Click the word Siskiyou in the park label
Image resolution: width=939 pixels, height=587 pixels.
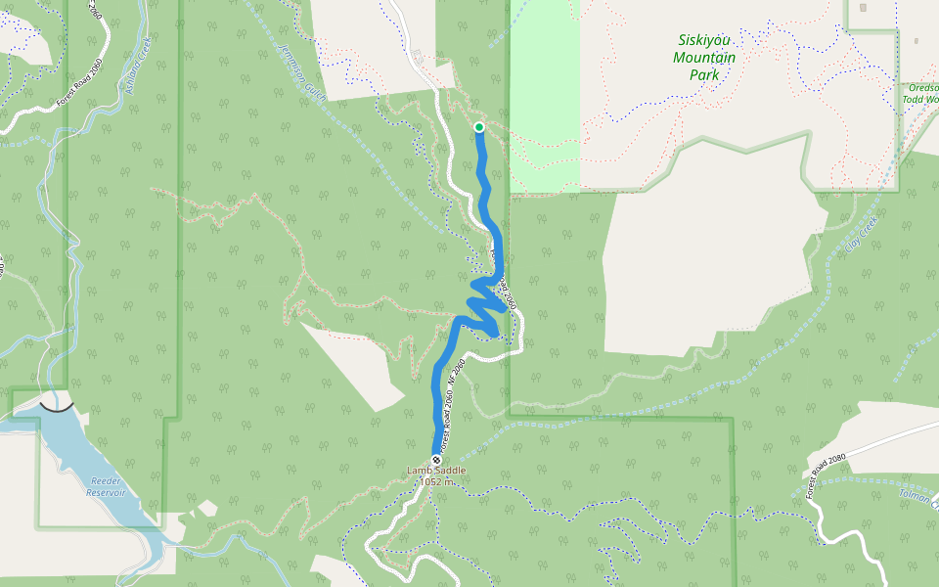pos(704,41)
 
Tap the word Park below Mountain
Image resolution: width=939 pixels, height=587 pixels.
pos(704,74)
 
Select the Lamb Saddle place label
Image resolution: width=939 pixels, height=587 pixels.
pos(436,471)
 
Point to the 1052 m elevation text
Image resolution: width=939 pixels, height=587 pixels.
pos(437,481)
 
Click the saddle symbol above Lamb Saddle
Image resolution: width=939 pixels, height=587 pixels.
pos(436,460)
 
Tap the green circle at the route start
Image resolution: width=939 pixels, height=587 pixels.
pos(479,127)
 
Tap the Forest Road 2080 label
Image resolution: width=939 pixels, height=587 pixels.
pos(825,476)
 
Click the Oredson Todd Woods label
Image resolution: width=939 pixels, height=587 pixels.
pos(921,93)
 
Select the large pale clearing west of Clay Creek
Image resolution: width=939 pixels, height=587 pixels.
pos(704,264)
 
